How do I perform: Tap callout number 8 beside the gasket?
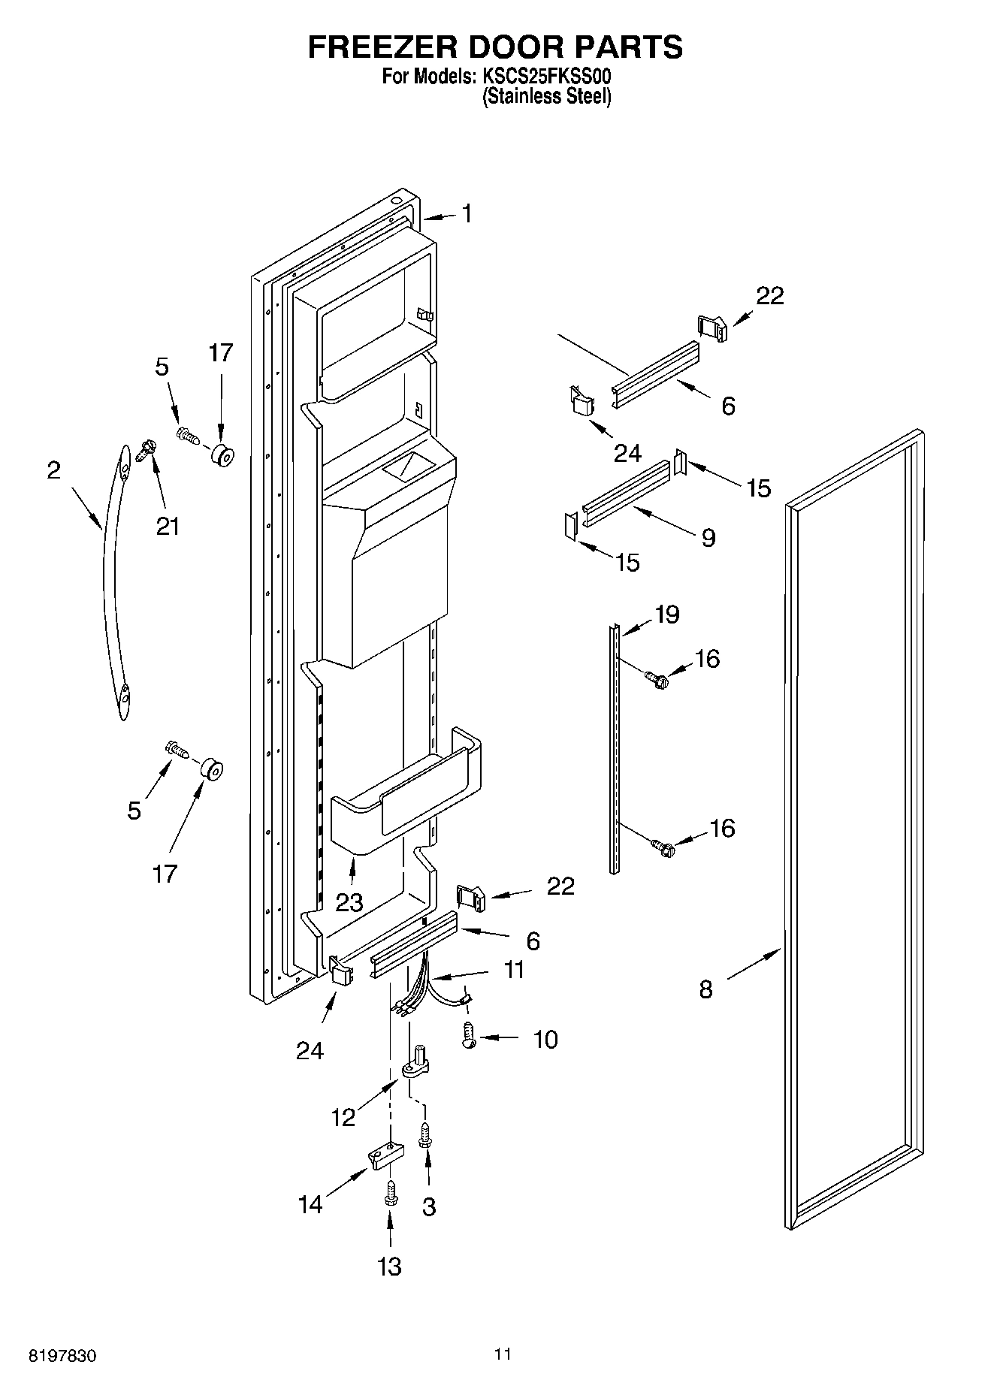pos(705,989)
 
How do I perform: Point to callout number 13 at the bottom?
pos(389,1266)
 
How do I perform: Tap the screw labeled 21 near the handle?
pos(147,450)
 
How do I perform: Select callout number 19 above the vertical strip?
pos(666,614)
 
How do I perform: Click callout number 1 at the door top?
pos(467,214)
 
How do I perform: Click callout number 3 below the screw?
pos(428,1206)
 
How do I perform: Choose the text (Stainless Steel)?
pos(546,97)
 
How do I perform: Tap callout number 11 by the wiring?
pos(513,970)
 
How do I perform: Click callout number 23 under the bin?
pos(349,902)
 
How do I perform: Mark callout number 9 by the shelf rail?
pos(708,538)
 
